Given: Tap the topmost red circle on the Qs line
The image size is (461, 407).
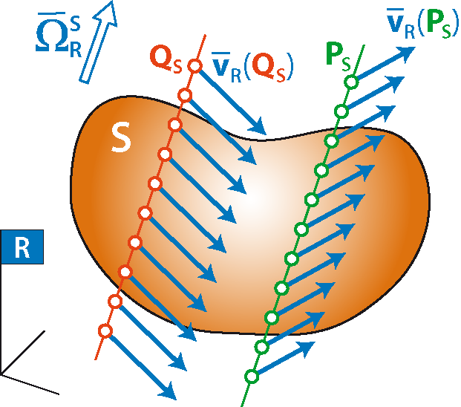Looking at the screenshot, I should pyautogui.click(x=195, y=66).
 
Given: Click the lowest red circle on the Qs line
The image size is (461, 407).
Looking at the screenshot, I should pyautogui.click(x=105, y=331).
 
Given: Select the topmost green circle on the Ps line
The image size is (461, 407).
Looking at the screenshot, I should pyautogui.click(x=352, y=81).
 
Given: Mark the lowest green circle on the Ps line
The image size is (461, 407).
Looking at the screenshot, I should pyautogui.click(x=252, y=377).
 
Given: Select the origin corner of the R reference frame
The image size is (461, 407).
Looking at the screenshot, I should pyautogui.click(x=3, y=373).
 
